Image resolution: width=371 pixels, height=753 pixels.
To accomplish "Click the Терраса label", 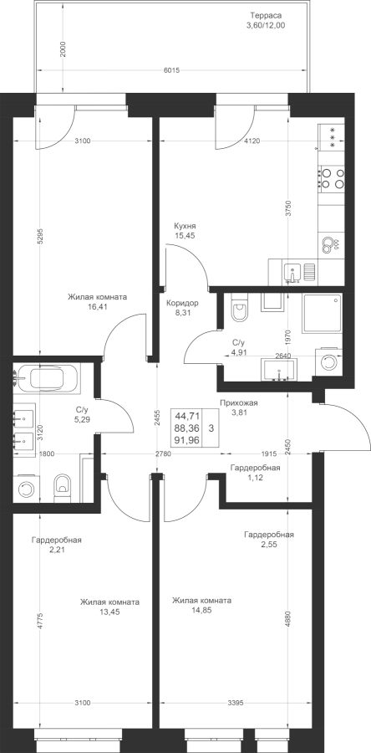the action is click(x=265, y=15).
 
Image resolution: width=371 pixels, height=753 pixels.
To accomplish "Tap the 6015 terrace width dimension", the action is click(x=171, y=70).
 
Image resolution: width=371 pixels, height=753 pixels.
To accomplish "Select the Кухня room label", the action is click(x=185, y=226).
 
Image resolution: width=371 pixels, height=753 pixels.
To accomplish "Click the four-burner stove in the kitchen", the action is click(x=332, y=178).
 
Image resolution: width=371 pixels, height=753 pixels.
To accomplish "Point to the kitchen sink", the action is click(x=292, y=272).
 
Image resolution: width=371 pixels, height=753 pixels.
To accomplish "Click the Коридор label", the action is click(x=182, y=304).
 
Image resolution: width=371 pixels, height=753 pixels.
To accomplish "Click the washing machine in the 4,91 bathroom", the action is click(x=329, y=361).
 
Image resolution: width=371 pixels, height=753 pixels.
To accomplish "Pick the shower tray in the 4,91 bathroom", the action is click(x=322, y=314).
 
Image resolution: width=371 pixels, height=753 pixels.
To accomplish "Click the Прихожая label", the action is click(x=239, y=403).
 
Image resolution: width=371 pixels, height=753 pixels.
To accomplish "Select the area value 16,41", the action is click(x=97, y=306).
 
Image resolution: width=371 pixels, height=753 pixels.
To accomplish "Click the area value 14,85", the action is click(x=202, y=611).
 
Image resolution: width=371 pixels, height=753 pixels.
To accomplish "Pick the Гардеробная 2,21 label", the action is click(x=57, y=545).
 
